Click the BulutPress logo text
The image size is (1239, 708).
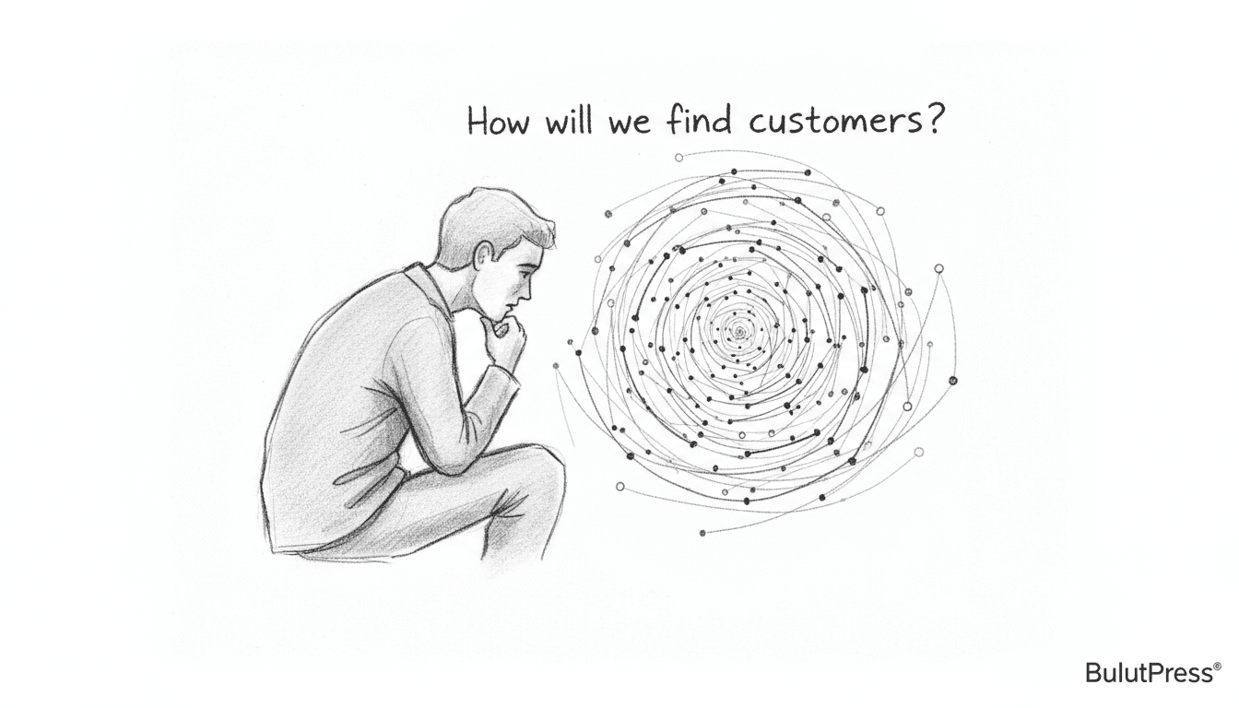click(x=1148, y=674)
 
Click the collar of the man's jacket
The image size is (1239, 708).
click(x=431, y=286)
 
